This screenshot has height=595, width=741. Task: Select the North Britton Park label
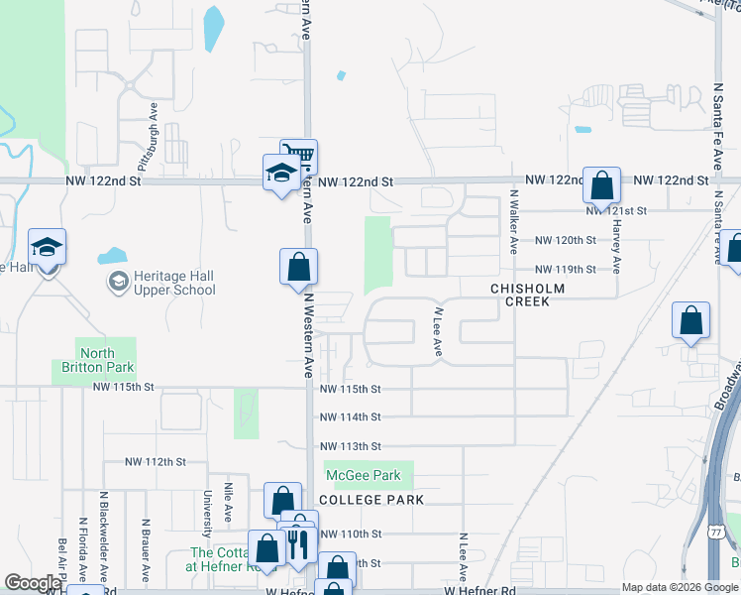97,360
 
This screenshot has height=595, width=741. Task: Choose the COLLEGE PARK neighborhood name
371,500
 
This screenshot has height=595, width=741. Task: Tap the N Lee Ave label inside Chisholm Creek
437,331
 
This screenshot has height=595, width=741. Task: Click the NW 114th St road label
350,417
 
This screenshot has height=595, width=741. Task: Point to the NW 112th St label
157,462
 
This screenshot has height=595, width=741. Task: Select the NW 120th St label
566,241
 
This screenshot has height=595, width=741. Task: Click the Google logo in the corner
33,583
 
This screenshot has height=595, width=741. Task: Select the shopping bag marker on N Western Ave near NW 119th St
299,268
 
